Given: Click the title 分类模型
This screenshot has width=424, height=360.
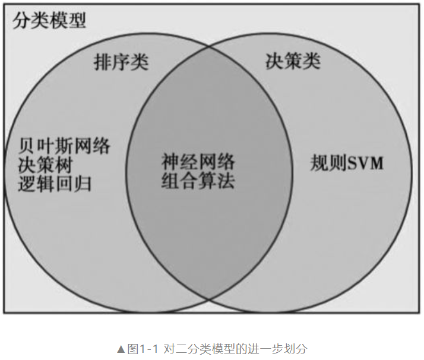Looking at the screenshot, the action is tap(49, 21).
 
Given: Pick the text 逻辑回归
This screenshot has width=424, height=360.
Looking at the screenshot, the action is tap(55, 183).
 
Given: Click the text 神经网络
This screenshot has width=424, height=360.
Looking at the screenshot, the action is tap(198, 161).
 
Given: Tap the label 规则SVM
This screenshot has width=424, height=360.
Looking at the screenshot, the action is tap(347, 163).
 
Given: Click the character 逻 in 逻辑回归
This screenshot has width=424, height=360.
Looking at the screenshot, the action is tap(27, 183).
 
